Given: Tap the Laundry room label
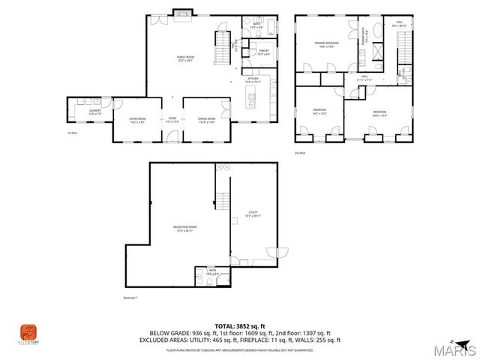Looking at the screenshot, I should point(94,112).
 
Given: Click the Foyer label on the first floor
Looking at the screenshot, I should point(172,118).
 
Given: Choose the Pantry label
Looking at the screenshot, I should point(264,52).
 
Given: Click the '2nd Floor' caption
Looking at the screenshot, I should point(300,152).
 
